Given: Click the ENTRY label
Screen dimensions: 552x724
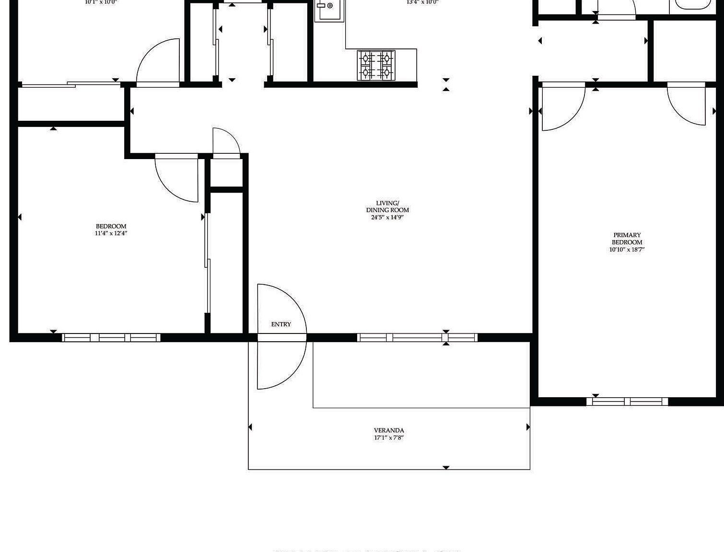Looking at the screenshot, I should coord(281,324).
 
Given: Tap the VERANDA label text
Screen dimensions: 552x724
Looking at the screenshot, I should coord(389,430).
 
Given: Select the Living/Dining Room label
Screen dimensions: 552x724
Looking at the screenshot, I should coord(387,207).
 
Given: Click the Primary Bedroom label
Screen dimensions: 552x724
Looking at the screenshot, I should coord(627,239).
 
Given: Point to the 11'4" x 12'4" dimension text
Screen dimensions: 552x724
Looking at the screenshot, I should coord(111,234).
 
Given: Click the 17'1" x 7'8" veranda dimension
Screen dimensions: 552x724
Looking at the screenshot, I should coord(389,437).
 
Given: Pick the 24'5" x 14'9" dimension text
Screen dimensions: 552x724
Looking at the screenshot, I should coord(387,217).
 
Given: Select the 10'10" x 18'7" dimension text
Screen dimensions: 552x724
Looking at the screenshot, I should coord(627,250).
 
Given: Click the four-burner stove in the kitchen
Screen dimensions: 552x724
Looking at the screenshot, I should coord(375,65).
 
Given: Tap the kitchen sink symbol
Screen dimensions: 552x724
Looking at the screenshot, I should coord(328,11).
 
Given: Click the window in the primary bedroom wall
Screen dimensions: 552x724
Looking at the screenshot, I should coord(627,402).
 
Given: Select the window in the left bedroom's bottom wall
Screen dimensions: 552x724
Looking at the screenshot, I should coord(111,337).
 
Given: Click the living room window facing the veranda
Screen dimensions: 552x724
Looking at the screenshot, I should coord(417,337).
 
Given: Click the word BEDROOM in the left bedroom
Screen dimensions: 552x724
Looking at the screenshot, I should coord(111,226).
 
